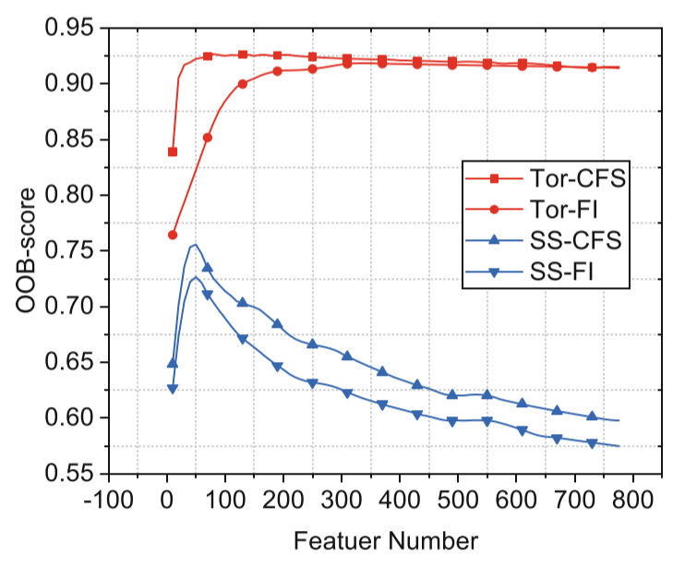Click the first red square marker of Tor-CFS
[x=173, y=151]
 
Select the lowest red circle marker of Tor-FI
[x=173, y=235]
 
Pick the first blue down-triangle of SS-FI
[x=173, y=390]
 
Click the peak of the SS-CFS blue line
[x=195, y=245]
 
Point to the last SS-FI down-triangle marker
[x=592, y=444]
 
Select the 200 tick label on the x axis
[x=283, y=500]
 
